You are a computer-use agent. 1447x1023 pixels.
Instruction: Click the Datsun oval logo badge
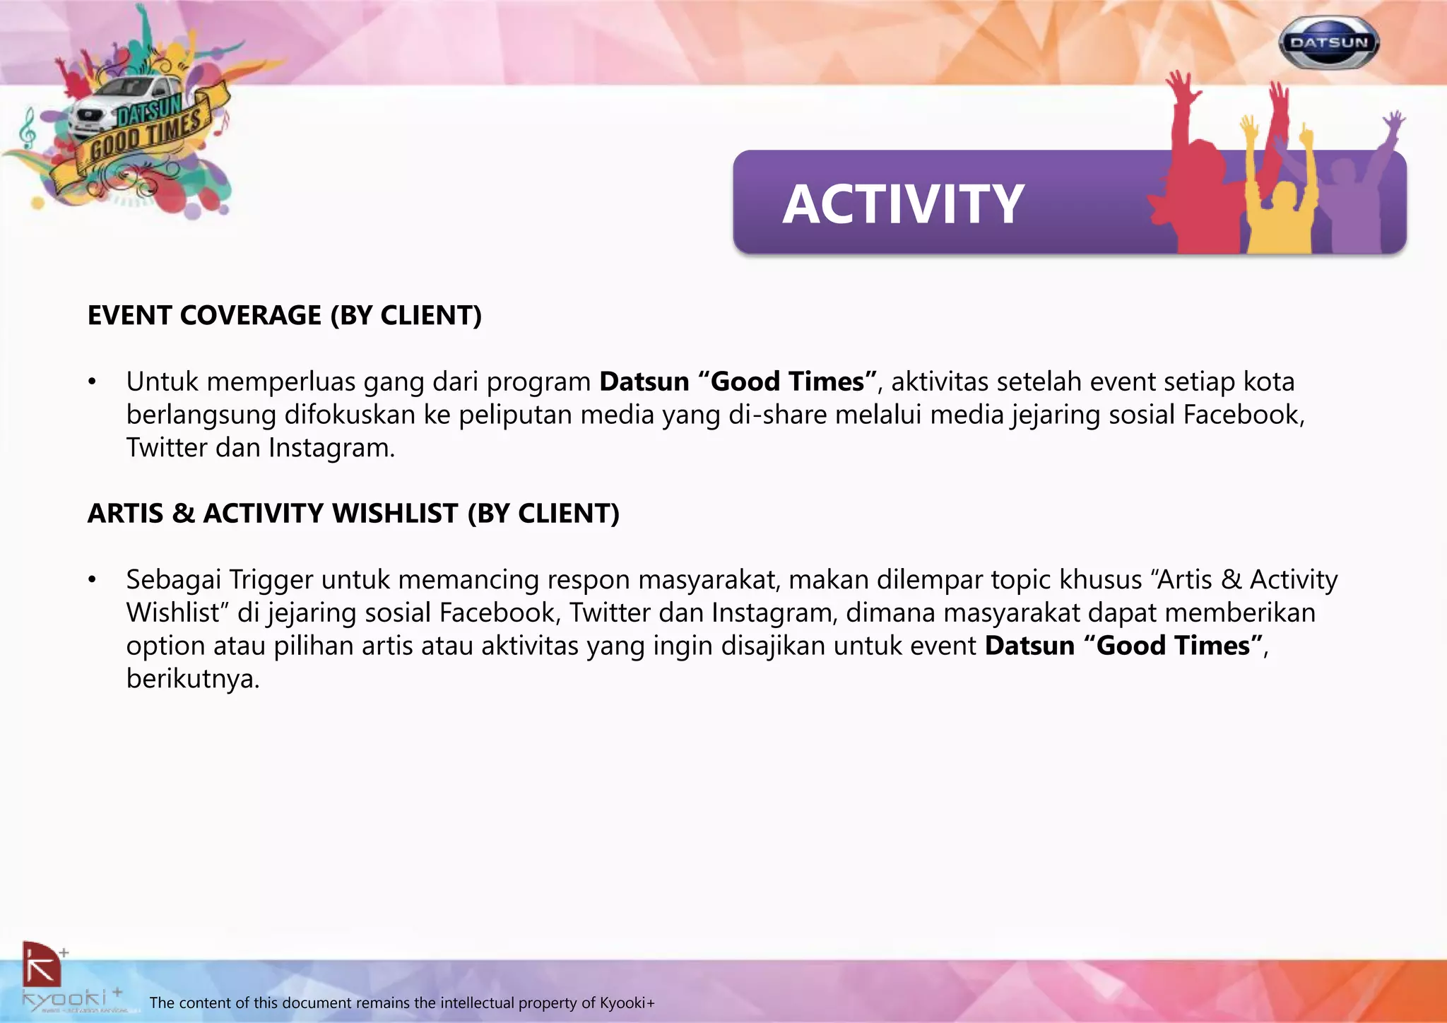1328,42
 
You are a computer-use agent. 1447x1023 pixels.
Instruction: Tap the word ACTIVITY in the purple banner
903,204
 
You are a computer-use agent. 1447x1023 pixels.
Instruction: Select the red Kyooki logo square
41,964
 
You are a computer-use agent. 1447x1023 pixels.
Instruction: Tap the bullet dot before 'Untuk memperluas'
91,382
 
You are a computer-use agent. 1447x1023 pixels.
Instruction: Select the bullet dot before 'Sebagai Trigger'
91,580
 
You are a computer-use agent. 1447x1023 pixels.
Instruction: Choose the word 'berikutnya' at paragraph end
193,679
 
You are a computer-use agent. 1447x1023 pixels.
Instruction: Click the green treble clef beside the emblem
27,128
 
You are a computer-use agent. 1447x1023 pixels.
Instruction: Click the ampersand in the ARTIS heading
183,513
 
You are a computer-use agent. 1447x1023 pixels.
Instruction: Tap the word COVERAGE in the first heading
251,315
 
